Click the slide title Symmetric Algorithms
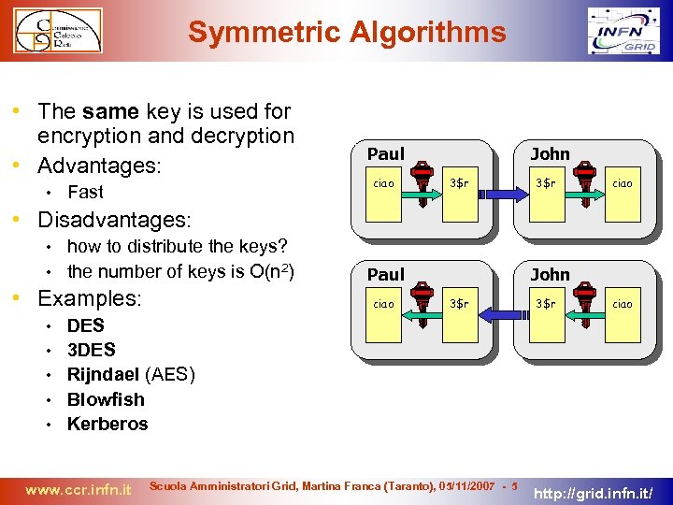[347, 33]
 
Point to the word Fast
[85, 192]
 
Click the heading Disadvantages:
[113, 220]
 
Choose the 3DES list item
[92, 350]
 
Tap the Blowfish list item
[106, 399]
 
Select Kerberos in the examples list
[107, 424]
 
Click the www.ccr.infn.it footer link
[79, 488]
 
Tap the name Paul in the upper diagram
[386, 153]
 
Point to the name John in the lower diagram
[550, 274]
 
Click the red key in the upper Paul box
[422, 178]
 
